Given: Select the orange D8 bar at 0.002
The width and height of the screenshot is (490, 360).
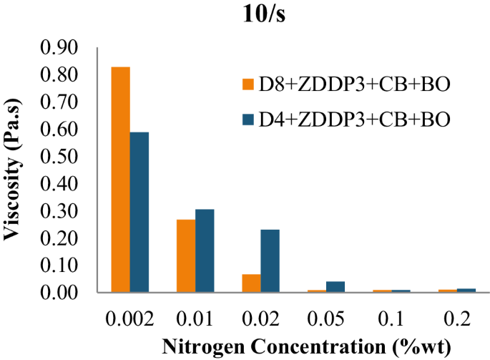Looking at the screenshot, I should click(x=120, y=180).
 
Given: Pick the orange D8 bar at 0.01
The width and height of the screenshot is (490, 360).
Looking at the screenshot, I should click(x=186, y=256).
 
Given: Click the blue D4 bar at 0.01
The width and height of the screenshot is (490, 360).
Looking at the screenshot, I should click(x=205, y=251).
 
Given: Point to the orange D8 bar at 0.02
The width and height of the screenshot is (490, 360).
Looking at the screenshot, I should click(x=251, y=283).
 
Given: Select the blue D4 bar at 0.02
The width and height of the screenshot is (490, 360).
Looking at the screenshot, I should click(x=270, y=261).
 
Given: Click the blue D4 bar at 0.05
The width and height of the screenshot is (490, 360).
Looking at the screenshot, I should click(x=335, y=287).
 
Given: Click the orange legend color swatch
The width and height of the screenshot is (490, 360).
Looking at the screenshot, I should click(x=249, y=86).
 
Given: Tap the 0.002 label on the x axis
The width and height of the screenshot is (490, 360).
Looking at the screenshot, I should click(x=129, y=315).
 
